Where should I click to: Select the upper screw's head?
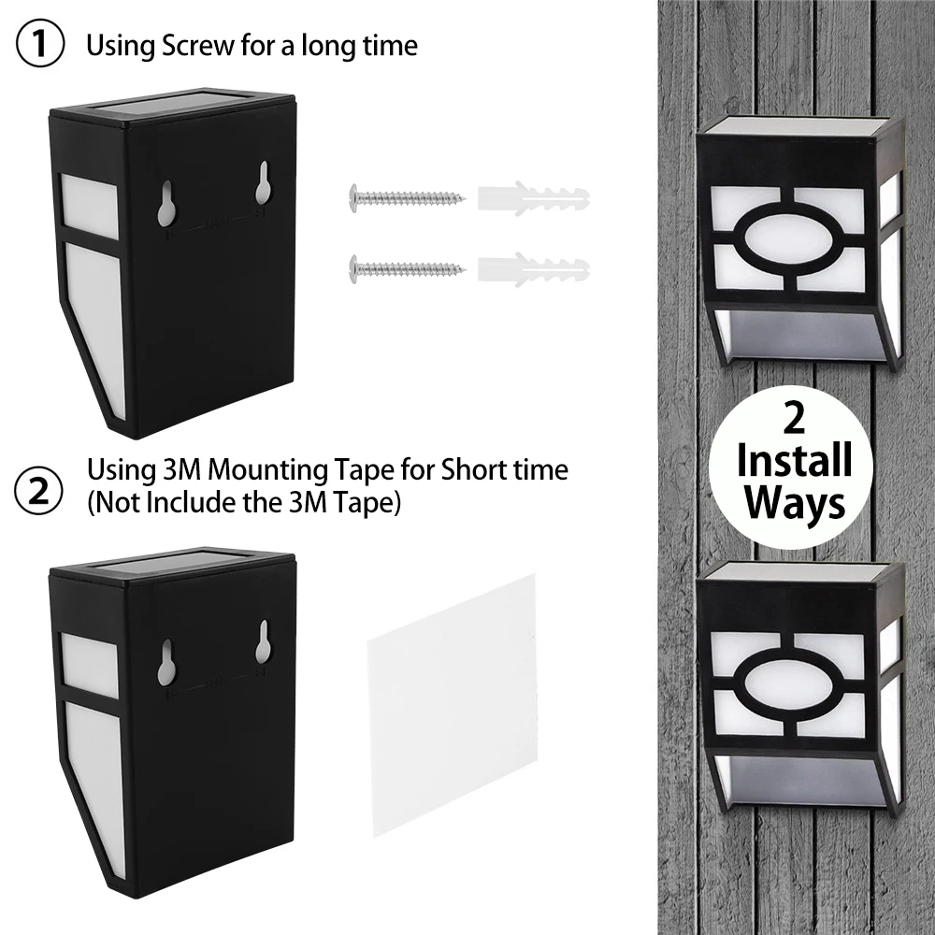[x=354, y=196]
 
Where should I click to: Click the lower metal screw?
[x=407, y=270]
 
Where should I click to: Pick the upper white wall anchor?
[x=533, y=197]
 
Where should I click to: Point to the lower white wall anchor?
[x=533, y=270]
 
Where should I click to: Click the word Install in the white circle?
[x=794, y=461]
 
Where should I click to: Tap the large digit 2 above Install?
[x=794, y=419]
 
